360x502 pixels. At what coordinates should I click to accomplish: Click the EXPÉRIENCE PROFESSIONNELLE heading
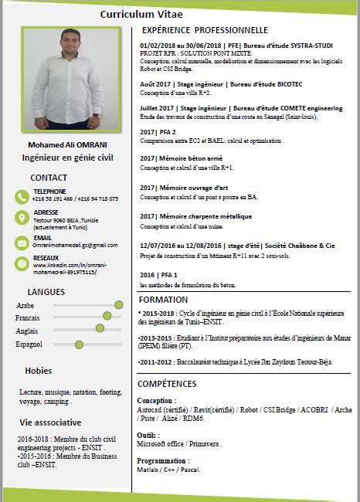[204, 30]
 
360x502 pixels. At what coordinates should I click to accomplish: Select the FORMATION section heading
[163, 300]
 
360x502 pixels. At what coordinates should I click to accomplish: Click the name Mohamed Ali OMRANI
[68, 144]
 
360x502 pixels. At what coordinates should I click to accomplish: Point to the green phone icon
[22, 195]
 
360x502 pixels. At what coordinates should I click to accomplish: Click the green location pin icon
[22, 218]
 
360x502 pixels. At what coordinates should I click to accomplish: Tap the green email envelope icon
[22, 241]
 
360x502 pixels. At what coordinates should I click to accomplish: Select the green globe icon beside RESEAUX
[22, 263]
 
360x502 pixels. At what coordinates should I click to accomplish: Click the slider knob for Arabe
[118, 305]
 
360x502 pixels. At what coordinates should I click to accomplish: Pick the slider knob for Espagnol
[79, 344]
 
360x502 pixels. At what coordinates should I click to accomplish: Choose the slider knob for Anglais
[100, 328]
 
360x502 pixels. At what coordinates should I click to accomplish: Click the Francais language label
[28, 318]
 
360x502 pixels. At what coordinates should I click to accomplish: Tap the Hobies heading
[38, 371]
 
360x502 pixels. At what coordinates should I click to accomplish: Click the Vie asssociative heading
[51, 422]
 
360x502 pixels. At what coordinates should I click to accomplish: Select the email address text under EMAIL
[75, 245]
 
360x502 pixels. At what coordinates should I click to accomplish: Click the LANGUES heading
[46, 291]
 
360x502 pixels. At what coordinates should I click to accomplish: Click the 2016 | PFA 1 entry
[158, 275]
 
